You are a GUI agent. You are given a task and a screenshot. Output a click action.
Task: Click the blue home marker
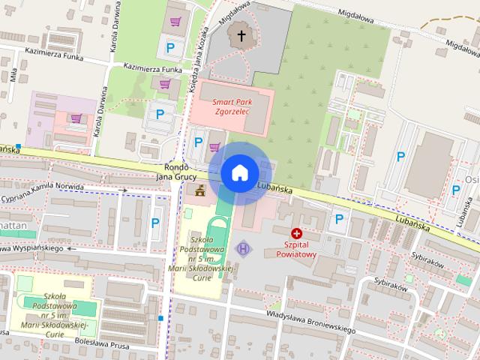239,172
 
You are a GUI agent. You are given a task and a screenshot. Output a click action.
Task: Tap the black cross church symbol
241,34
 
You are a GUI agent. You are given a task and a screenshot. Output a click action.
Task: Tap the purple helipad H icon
243,247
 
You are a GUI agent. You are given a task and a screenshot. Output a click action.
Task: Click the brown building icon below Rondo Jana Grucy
199,190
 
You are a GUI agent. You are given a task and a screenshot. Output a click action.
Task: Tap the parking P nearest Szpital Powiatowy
339,219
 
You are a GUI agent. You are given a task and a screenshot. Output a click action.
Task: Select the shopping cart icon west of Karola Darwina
76,118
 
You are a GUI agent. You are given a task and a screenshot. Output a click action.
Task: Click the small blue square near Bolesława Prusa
160,319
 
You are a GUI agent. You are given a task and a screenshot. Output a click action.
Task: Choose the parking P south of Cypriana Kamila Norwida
155,222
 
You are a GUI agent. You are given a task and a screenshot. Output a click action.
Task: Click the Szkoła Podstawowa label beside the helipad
204,255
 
